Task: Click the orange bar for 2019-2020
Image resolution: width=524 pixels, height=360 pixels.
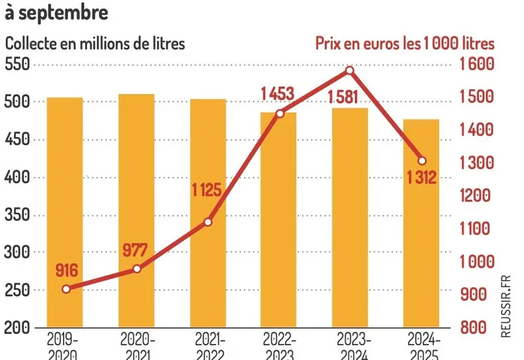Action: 65,211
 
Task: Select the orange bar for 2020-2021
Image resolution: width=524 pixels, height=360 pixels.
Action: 136,211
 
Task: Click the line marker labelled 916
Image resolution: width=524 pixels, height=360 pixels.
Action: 66,289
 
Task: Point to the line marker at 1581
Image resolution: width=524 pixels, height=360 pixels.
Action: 350,70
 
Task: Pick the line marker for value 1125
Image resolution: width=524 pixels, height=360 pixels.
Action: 208,222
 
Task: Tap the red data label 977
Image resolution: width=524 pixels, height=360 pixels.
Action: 136,250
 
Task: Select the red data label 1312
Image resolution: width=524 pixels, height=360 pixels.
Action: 421,178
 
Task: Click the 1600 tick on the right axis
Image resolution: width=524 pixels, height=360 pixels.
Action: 478,65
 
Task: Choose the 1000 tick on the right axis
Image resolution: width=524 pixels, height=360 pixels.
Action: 478,262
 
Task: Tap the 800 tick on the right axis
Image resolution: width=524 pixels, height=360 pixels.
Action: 474,328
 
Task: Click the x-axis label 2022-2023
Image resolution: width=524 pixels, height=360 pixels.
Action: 278,346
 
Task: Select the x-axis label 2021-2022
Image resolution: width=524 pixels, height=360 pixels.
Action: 208,346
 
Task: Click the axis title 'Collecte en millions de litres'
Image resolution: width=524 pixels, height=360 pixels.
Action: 95,43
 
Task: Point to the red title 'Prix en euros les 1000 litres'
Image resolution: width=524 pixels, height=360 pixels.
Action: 403,43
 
